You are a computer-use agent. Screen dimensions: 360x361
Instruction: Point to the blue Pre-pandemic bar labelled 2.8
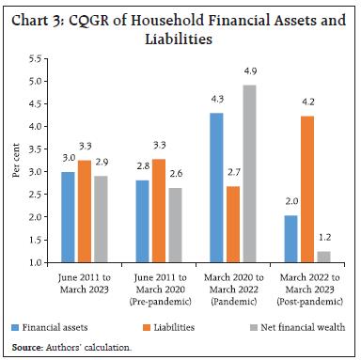[143, 221]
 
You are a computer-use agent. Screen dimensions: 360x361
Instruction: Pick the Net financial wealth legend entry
[294, 326]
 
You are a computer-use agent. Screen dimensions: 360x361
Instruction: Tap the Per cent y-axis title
[17, 160]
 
